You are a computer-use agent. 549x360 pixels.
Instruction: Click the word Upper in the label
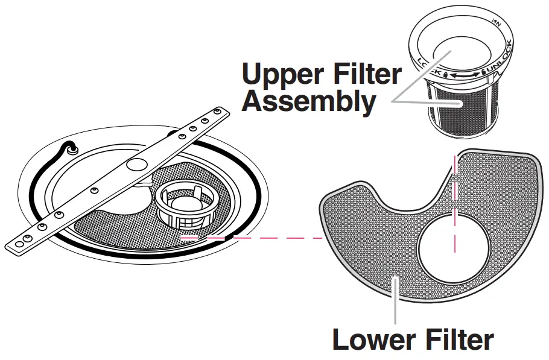(280, 75)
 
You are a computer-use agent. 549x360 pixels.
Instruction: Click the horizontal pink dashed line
(253, 238)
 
